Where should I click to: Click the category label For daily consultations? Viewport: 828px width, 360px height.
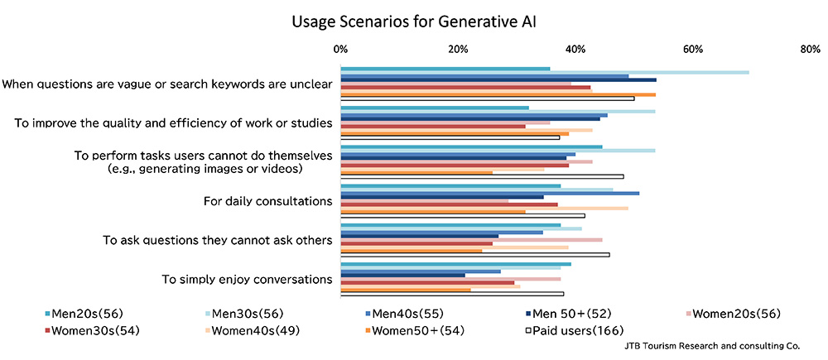[x=267, y=201]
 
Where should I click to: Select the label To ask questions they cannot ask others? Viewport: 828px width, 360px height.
[x=217, y=240]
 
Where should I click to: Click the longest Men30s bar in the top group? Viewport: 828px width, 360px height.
[x=545, y=72]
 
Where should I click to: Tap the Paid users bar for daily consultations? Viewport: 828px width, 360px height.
[x=463, y=216]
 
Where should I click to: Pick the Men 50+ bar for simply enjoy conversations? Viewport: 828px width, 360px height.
[x=402, y=275]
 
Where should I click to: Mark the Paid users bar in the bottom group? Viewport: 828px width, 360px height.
[x=452, y=294]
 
